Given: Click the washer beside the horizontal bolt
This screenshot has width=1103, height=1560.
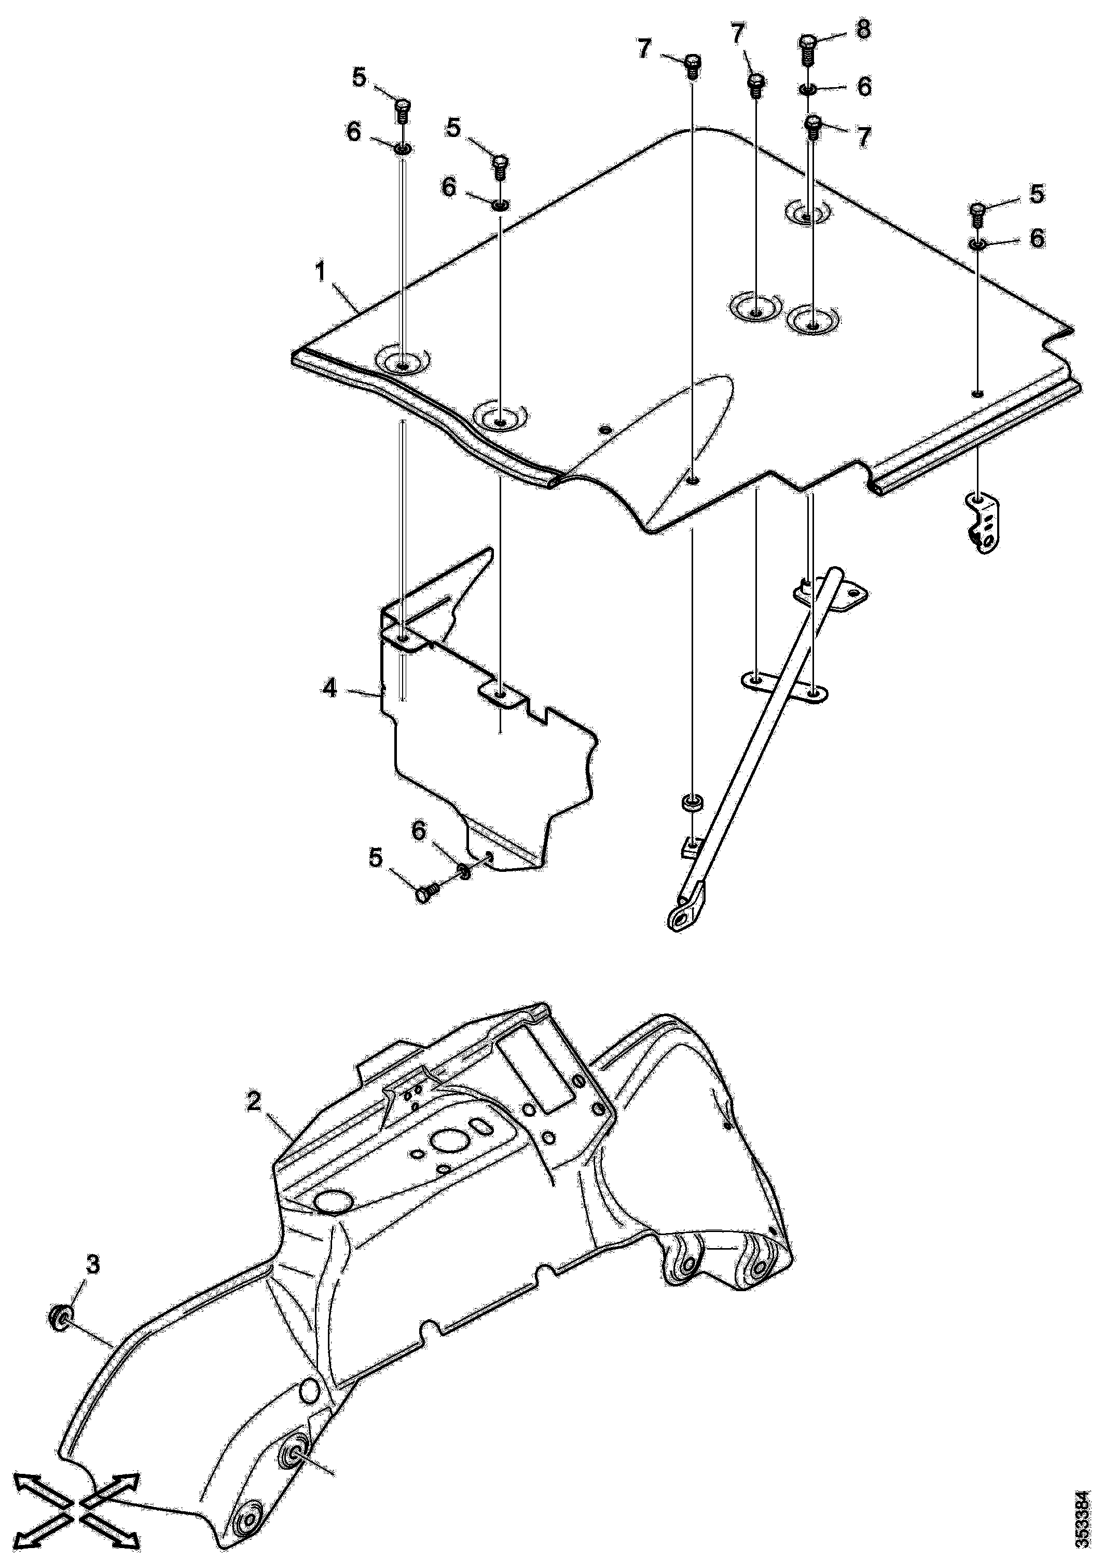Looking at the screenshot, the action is click(x=464, y=872).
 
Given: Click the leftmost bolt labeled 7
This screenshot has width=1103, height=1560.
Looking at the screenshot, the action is click(x=692, y=66).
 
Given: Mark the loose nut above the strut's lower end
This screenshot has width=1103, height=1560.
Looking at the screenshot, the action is click(x=692, y=802).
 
